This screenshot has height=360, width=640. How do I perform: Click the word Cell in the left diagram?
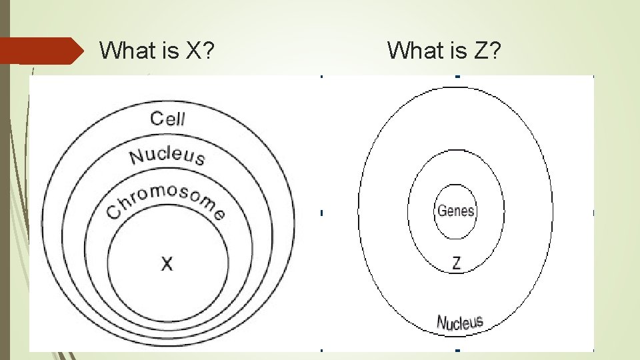168,119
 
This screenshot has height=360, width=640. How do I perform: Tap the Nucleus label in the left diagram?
167,156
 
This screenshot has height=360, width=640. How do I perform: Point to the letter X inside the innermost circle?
167,264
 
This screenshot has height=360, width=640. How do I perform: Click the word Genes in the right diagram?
456,211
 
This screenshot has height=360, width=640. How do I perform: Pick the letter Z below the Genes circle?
456,263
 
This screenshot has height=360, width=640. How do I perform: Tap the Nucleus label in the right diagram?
459,323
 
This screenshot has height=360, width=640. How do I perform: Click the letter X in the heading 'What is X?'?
194,50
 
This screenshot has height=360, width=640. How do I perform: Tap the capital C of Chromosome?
115,212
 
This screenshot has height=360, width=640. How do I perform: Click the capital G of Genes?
441,212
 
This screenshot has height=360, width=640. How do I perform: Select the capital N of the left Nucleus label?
137,158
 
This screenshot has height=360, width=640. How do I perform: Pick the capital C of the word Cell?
157,119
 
